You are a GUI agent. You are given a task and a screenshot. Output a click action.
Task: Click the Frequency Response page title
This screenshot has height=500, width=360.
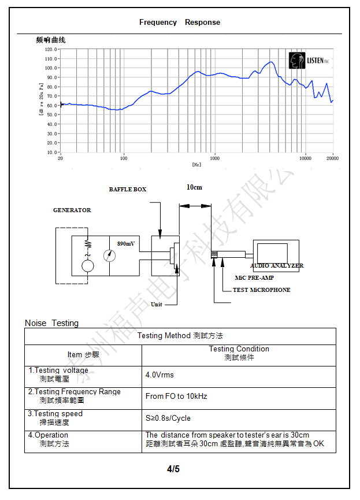tap(179, 23)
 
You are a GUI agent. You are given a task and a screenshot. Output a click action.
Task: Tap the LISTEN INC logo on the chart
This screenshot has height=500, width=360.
tap(309, 60)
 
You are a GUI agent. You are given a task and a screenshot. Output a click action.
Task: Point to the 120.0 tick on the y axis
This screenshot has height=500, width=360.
tap(50, 50)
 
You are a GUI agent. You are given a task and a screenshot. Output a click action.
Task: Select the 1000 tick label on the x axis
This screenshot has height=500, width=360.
tap(215, 158)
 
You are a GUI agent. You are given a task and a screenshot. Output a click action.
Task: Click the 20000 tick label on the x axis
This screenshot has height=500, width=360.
tap(332, 158)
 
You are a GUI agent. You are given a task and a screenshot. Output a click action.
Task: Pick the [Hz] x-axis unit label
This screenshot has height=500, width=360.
tap(196, 165)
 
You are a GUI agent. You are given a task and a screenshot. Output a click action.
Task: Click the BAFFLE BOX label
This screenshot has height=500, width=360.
tap(128, 190)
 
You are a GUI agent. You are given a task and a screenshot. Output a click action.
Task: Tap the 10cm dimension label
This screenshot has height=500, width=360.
tap(194, 187)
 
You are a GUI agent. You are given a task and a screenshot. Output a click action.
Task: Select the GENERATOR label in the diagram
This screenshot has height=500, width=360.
tap(72, 210)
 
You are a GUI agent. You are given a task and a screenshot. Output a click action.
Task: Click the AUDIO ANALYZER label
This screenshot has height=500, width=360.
tap(277, 266)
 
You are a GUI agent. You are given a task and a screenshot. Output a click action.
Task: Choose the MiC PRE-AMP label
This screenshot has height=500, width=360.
tap(254, 278)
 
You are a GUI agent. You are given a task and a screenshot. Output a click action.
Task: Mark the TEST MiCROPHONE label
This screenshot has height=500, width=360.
tap(261, 290)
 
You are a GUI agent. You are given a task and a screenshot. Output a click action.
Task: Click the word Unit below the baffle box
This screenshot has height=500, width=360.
tap(157, 304)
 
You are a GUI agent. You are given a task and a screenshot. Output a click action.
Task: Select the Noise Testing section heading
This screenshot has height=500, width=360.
tap(51, 323)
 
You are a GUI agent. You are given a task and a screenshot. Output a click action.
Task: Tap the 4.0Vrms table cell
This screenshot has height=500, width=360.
tap(159, 375)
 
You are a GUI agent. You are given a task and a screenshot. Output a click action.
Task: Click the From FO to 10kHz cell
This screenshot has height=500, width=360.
tap(176, 397)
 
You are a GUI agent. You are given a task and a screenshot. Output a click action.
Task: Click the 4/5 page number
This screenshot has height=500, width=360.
tap(173, 469)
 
